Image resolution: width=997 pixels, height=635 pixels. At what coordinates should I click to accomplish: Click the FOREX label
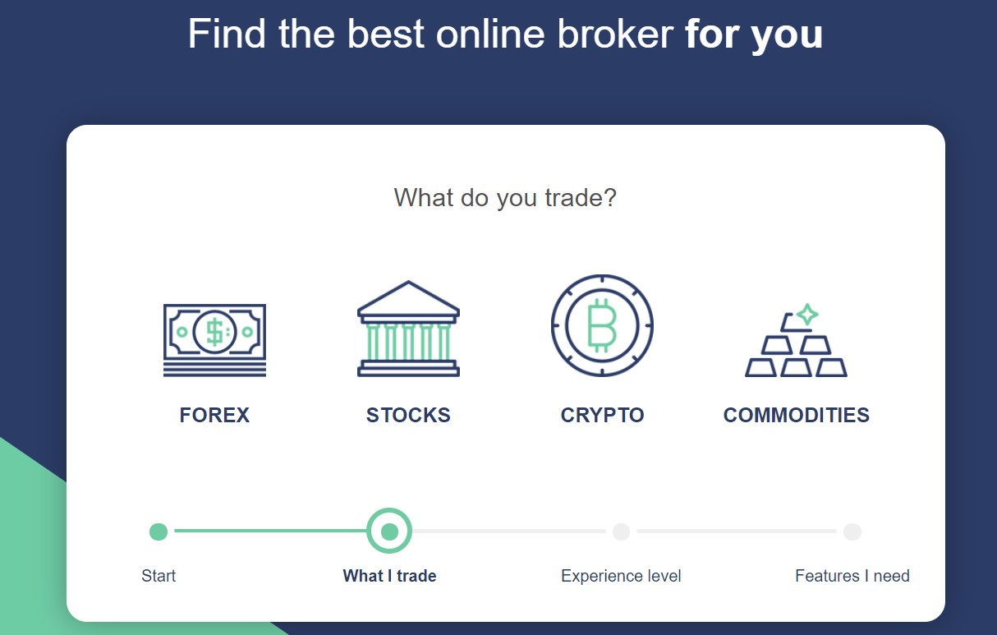[214, 415]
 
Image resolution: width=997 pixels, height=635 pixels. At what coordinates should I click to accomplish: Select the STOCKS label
[408, 415]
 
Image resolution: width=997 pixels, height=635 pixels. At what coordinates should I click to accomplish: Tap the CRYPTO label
[602, 415]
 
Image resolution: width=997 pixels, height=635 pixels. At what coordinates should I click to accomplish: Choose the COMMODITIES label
[797, 415]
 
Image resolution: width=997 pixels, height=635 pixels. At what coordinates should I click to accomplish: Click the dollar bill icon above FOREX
[214, 340]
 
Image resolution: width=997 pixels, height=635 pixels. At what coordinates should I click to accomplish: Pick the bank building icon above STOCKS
[408, 329]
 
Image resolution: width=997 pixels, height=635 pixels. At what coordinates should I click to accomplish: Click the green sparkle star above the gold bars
[807, 315]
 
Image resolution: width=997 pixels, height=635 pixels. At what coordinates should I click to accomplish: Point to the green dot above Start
[159, 531]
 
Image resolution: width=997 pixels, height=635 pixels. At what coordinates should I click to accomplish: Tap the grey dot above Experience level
[621, 531]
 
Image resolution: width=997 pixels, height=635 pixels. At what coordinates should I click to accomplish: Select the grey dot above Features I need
[852, 531]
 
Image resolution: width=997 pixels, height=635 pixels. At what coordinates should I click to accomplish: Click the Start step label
[159, 576]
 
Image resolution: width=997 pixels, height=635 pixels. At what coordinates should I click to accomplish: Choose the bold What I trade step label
[389, 576]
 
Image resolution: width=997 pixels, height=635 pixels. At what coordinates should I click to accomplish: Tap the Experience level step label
[621, 576]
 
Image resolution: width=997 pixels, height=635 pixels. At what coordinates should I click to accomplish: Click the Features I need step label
[852, 576]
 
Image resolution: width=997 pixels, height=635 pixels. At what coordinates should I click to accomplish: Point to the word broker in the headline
[615, 34]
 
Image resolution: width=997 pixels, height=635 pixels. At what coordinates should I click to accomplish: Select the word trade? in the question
[581, 198]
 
